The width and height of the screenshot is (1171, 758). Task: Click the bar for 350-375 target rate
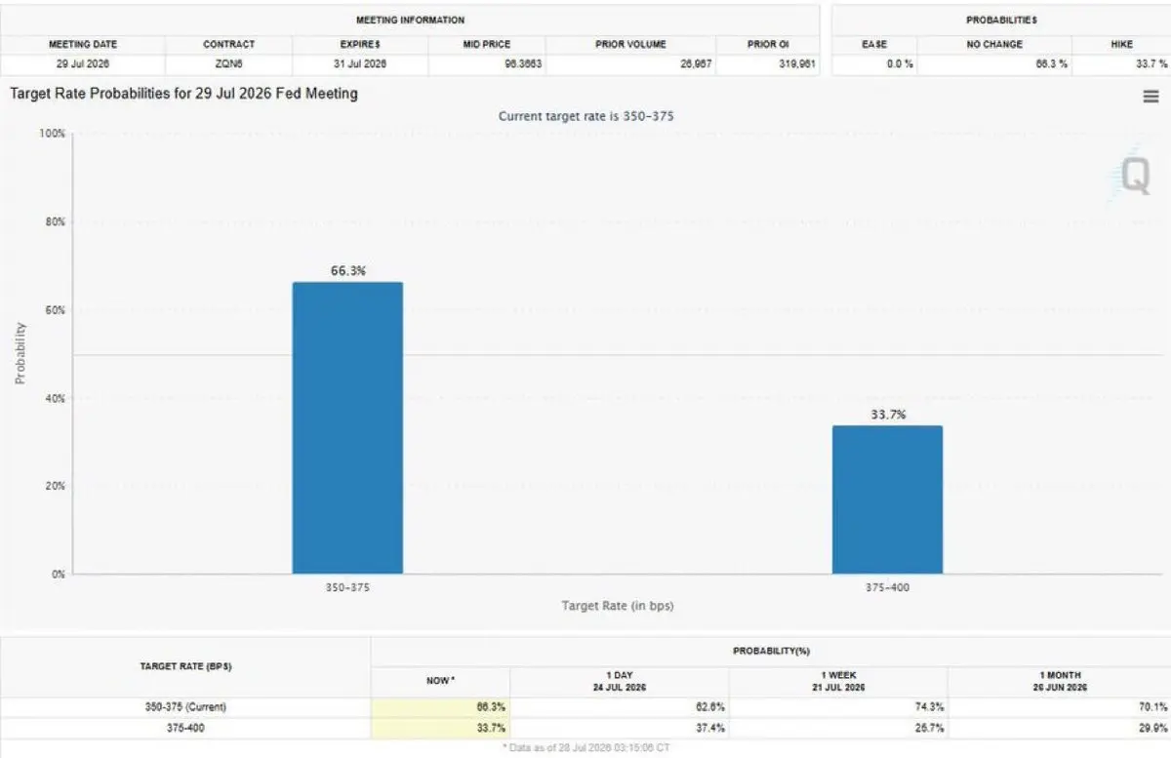(x=347, y=427)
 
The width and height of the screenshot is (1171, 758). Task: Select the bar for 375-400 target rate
(x=888, y=499)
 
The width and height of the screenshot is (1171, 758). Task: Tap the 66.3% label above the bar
(x=348, y=271)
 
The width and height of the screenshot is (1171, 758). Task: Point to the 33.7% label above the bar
(x=888, y=415)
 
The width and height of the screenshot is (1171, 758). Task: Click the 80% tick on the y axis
(x=56, y=221)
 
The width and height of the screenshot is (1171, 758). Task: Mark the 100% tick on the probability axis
(x=53, y=134)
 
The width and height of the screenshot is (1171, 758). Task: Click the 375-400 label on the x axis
(x=888, y=587)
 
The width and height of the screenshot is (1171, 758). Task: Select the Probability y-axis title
(x=20, y=353)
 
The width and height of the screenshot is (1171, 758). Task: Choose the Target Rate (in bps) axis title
(x=618, y=606)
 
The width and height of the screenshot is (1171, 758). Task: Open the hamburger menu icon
(x=1151, y=97)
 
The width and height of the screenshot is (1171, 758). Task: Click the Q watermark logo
(x=1135, y=176)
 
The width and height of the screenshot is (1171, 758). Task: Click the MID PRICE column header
(x=487, y=45)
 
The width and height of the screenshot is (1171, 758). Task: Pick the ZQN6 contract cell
(x=229, y=63)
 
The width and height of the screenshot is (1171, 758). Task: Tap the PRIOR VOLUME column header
(x=630, y=45)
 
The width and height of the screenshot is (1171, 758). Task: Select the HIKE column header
(x=1122, y=45)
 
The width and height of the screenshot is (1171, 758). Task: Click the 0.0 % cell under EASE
(x=900, y=63)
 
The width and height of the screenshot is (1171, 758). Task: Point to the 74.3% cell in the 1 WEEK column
(x=929, y=706)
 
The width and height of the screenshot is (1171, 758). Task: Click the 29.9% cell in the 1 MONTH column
(x=1152, y=728)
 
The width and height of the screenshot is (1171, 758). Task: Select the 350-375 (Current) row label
(x=185, y=706)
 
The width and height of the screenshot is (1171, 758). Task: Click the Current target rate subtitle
(x=586, y=116)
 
